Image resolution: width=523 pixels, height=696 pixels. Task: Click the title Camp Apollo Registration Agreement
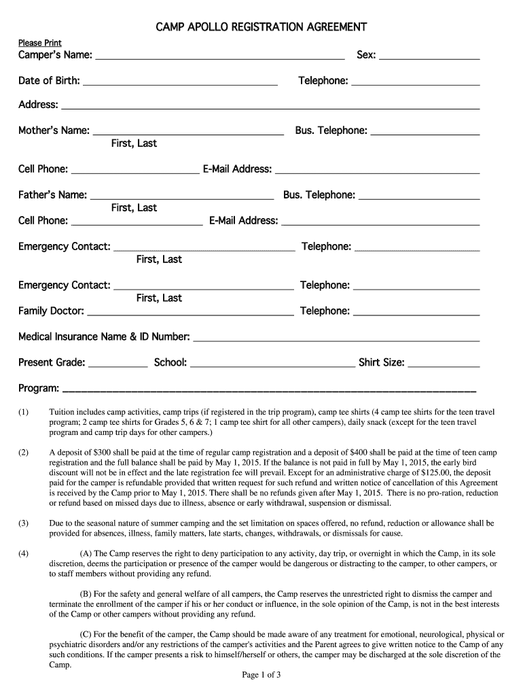(x=261, y=27)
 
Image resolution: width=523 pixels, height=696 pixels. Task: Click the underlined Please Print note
(x=39, y=43)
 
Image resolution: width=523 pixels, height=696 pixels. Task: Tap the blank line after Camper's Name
(x=219, y=57)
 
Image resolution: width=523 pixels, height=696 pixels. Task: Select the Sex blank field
(x=429, y=57)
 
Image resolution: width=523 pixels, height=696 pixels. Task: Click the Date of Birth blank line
(x=180, y=83)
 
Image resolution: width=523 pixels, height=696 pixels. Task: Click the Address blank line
(x=270, y=107)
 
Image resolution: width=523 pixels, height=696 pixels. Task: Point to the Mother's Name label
(x=54, y=130)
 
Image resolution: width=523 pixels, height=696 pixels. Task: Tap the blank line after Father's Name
(x=182, y=196)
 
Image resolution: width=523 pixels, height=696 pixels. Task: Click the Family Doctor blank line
(x=191, y=313)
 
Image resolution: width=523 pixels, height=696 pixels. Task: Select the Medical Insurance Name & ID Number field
(x=337, y=338)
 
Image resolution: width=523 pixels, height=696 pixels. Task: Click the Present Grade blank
(x=118, y=364)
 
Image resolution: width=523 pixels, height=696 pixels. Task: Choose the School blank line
(x=272, y=364)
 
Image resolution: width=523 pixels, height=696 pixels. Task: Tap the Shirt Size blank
(x=444, y=364)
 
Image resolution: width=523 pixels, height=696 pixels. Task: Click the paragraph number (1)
(x=24, y=413)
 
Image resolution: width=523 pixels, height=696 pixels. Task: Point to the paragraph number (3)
(x=24, y=523)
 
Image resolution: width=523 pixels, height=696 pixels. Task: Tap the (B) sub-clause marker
(x=86, y=594)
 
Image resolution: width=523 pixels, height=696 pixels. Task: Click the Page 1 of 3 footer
(x=261, y=675)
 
